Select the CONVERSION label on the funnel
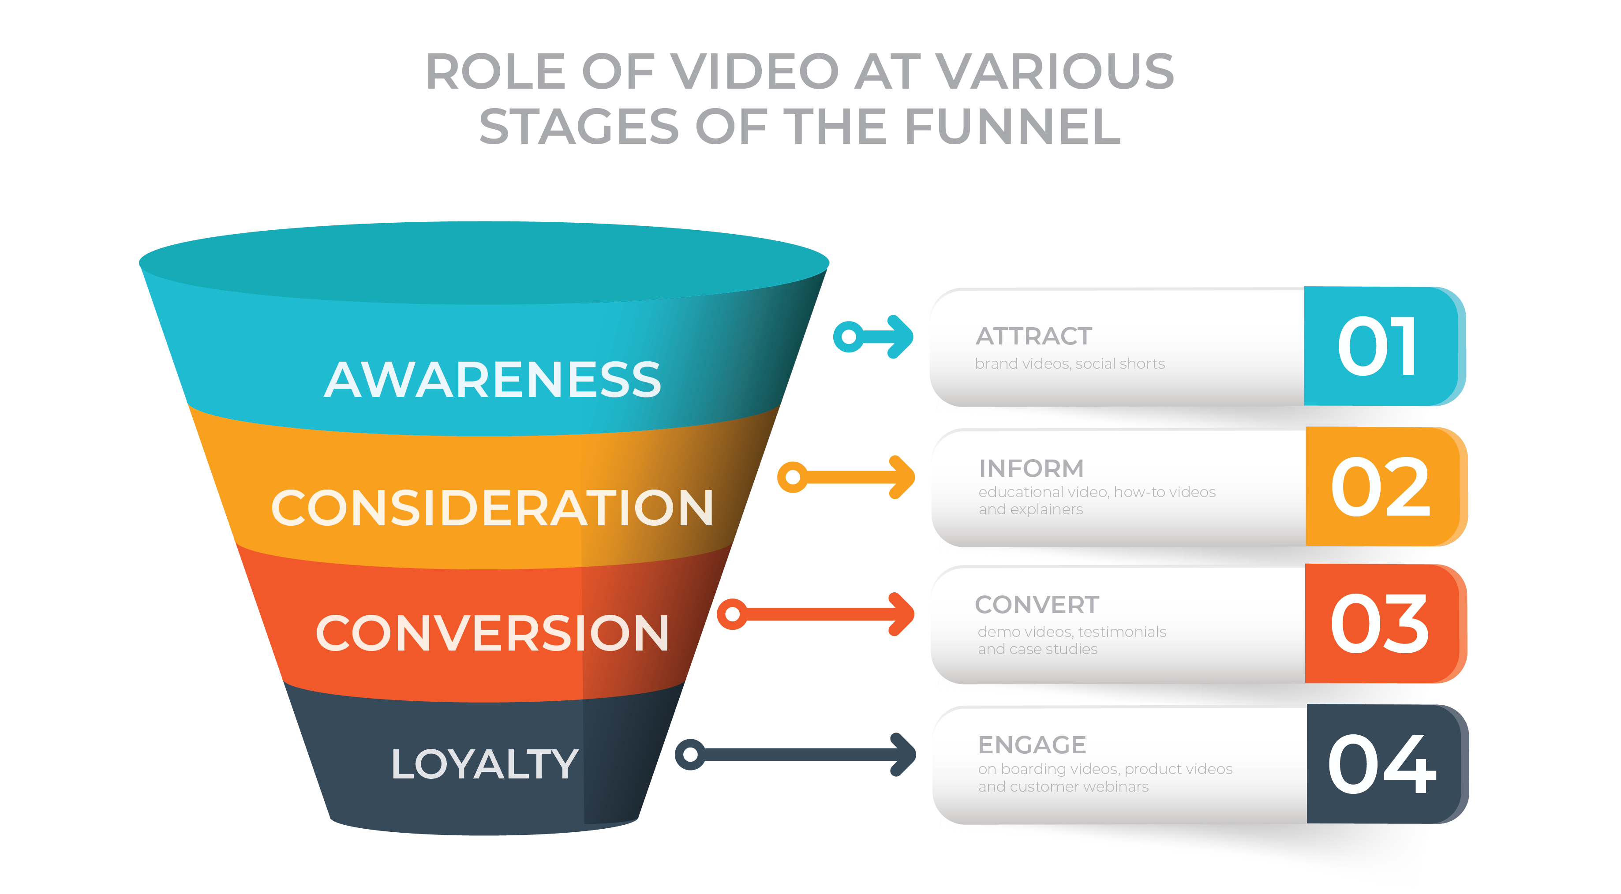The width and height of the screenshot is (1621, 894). (x=493, y=633)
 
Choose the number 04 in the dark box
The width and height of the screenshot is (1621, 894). (x=1381, y=764)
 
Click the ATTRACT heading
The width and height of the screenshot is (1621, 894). (x=1033, y=336)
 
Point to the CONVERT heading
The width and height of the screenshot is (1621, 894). (x=1037, y=605)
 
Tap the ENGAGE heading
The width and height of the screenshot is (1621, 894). (x=1032, y=745)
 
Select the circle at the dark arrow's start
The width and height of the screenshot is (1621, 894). (x=690, y=754)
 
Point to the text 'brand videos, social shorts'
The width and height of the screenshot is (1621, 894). (x=1069, y=363)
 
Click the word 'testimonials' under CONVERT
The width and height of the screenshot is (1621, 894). (x=1121, y=632)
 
